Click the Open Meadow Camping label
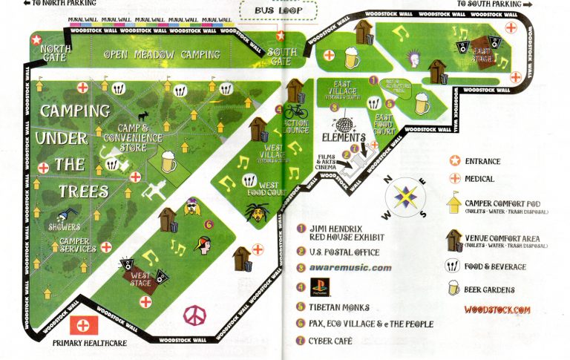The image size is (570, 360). [162, 54]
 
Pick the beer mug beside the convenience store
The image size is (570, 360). [168, 161]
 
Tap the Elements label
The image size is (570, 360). [344, 138]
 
